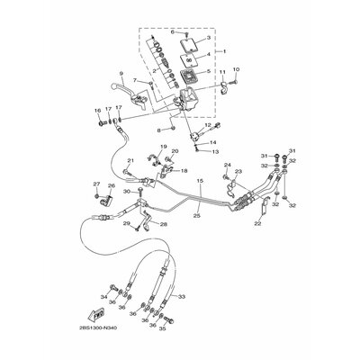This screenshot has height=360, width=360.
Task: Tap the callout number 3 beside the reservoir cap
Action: (x=210, y=40)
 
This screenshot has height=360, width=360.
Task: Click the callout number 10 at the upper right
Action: (x=236, y=69)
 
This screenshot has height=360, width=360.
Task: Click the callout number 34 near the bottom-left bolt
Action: (x=103, y=295)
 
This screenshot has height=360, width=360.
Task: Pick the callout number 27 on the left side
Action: (x=95, y=184)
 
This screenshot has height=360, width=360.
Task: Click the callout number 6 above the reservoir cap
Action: (x=173, y=31)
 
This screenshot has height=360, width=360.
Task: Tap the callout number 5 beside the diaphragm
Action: (x=210, y=72)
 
